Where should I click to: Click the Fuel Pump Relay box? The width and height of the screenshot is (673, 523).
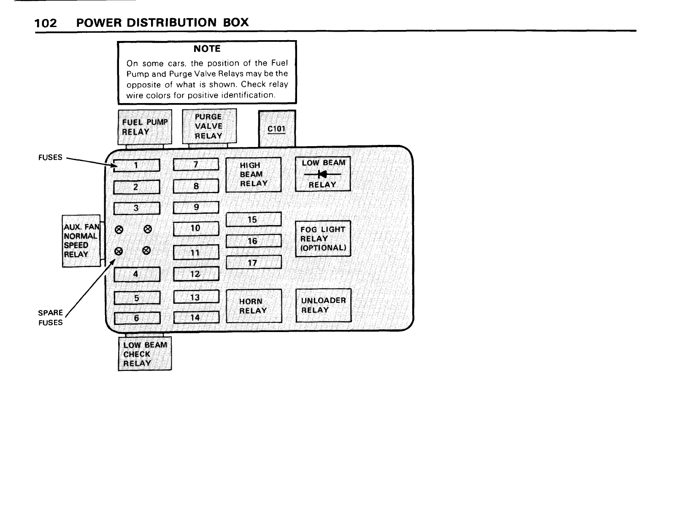coord(145,127)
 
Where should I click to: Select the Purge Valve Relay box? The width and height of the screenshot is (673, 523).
coord(209,126)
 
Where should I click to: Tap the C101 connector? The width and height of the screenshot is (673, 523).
coord(276,128)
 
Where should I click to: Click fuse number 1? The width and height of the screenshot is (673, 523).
coord(136,165)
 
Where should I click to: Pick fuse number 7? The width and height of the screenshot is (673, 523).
coord(196,165)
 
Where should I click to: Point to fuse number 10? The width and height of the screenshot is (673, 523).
coord(196,229)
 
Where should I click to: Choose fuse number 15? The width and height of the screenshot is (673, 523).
coord(253,220)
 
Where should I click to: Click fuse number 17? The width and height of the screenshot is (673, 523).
coord(253,263)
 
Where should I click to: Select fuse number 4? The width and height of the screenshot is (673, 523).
coord(136,274)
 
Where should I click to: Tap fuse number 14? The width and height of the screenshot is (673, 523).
coord(196,317)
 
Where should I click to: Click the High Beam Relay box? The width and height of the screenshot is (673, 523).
coord(253,174)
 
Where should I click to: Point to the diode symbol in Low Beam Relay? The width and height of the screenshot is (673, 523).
coord(323,174)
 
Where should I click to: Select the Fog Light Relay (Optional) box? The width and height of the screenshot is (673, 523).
coord(323,239)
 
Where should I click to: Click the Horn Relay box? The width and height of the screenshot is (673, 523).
coord(254,306)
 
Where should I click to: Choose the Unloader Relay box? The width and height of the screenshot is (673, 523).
coord(323,305)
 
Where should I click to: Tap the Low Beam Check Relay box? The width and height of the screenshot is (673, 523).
coord(145,354)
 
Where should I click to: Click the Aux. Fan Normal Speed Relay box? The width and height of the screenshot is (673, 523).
coord(81,241)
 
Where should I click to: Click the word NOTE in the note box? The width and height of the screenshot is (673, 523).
coord(207,49)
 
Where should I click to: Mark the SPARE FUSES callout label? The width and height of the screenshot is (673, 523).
coord(50,318)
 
